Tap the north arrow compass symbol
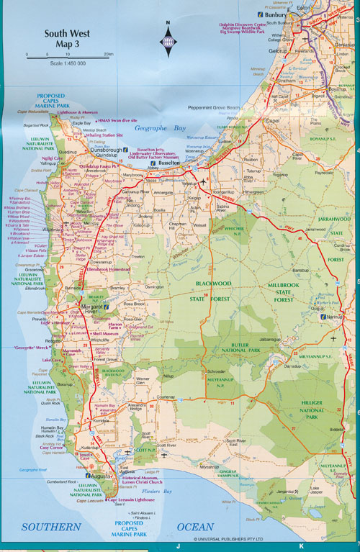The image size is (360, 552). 168,39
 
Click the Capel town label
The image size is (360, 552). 251,122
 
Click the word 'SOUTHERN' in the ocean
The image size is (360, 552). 50,528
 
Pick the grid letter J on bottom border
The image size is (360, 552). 168,547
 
